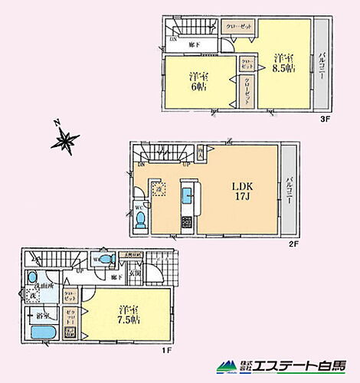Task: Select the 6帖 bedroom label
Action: pyautogui.click(x=198, y=82)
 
